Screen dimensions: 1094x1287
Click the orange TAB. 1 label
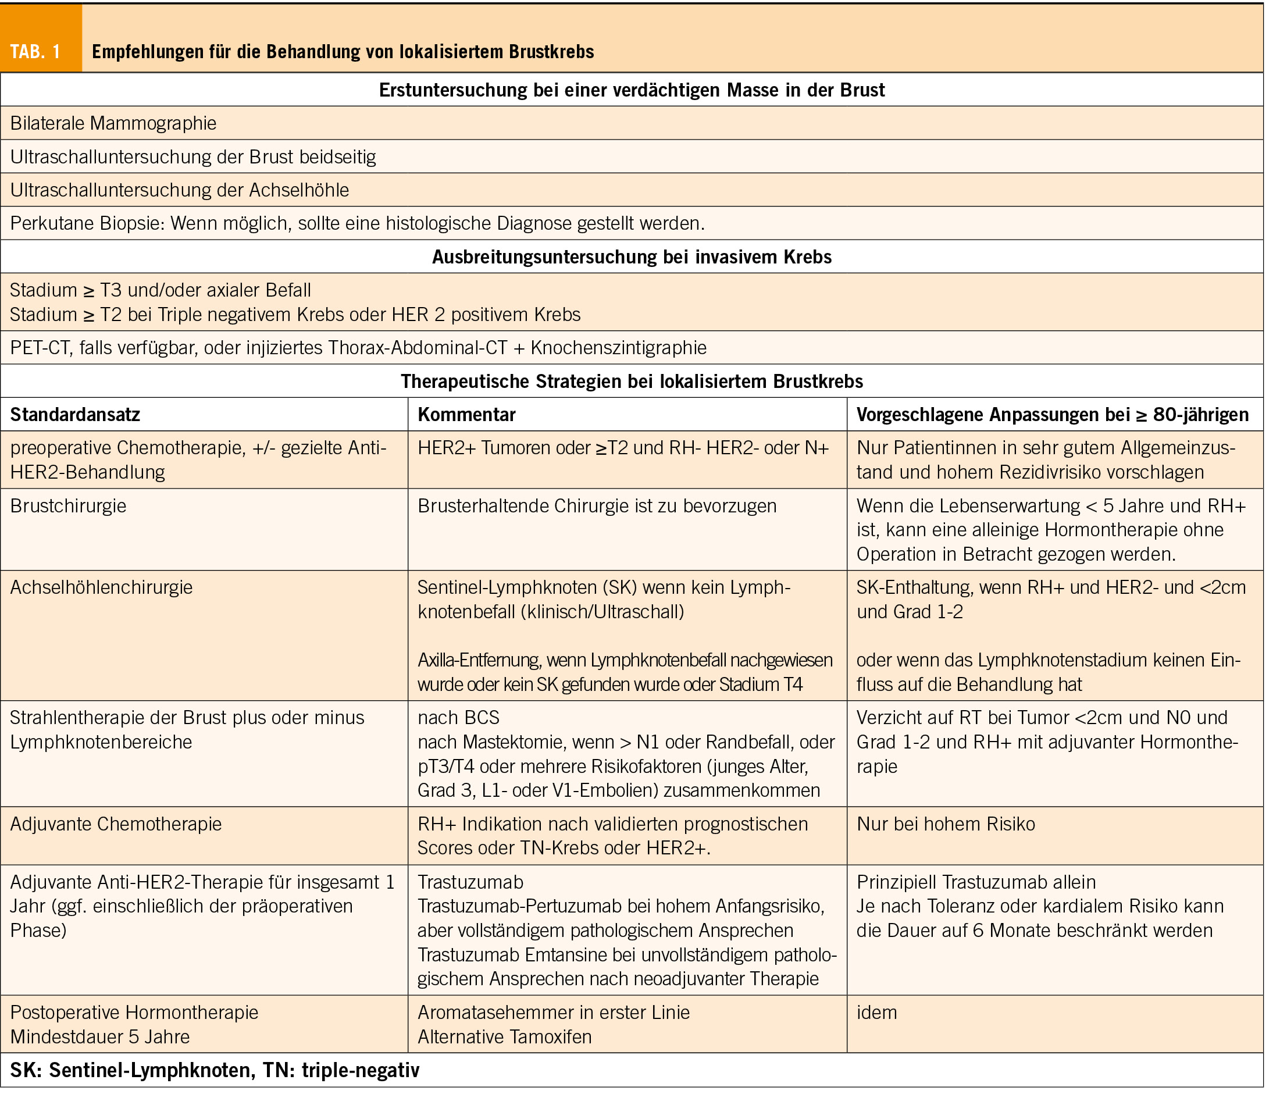tap(35, 52)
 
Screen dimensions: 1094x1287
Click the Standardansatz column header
tap(75, 414)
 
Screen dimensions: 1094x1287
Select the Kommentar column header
tap(466, 414)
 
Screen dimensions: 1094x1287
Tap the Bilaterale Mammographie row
tap(113, 123)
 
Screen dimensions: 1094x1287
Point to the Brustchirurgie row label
tap(68, 505)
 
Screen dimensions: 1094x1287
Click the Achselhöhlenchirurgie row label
tap(101, 587)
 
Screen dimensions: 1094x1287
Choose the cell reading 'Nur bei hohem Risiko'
tap(945, 824)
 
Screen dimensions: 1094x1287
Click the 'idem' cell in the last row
tap(876, 1012)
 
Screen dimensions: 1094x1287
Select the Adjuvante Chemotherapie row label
tap(115, 824)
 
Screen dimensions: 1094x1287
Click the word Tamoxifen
tap(548, 1036)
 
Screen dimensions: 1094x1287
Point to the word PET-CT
tap(40, 347)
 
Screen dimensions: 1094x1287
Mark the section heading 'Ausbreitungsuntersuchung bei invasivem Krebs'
tap(632, 256)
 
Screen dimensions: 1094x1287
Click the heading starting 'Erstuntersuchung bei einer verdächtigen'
tap(632, 90)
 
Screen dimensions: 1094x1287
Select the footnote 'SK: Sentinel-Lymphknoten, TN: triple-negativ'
tap(215, 1070)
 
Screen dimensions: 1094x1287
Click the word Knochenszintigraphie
tap(618, 347)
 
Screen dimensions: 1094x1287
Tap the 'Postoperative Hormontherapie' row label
tap(134, 1012)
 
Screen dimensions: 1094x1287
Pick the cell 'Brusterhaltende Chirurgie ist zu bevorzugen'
tap(597, 505)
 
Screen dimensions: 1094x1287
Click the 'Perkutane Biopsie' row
tap(357, 223)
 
